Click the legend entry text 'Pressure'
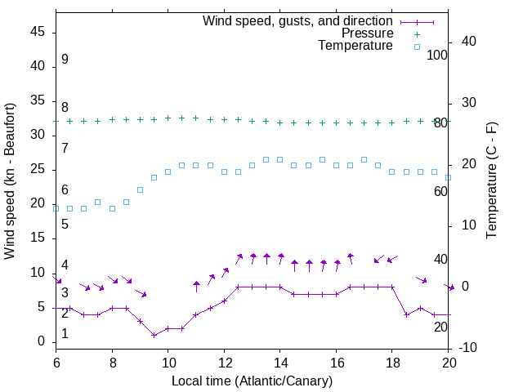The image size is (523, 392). [367, 33]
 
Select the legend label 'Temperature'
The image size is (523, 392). [355, 47]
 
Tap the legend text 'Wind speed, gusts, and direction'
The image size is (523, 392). [297, 20]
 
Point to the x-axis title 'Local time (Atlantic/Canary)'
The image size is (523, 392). [252, 381]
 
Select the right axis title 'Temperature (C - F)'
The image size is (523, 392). [491, 181]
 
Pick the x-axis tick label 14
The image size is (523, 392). [279, 362]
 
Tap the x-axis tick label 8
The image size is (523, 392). [112, 362]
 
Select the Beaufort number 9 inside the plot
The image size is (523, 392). [65, 60]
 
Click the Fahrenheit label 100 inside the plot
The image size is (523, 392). [437, 55]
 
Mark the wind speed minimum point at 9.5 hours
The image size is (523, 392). [154, 335]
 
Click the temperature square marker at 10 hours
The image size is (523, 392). [168, 171]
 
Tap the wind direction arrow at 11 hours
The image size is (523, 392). [196, 286]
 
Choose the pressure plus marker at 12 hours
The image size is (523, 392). [224, 119]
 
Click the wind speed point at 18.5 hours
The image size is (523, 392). [406, 314]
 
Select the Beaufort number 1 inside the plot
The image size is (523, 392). [65, 334]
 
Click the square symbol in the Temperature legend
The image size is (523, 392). [416, 47]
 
